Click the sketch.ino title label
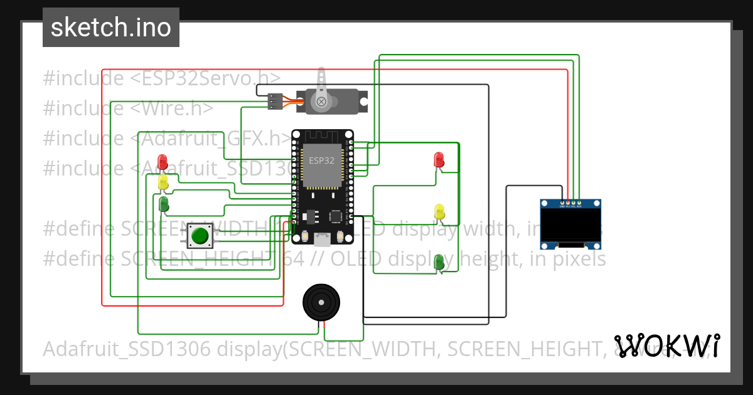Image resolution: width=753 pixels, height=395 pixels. tap(111, 28)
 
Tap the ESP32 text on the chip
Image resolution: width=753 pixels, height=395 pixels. tap(321, 161)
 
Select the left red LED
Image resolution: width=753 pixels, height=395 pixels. tap(163, 161)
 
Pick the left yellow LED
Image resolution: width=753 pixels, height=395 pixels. tap(163, 182)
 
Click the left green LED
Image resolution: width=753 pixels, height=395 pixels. tap(163, 204)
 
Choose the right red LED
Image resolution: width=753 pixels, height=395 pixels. tap(439, 159)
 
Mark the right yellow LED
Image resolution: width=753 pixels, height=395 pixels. tap(439, 212)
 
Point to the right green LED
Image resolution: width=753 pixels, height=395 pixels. tap(439, 262)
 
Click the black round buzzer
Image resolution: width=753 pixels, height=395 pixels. tap(323, 302)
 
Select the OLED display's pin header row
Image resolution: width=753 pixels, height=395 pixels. tap(571, 203)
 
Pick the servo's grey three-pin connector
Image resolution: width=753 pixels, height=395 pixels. tap(275, 101)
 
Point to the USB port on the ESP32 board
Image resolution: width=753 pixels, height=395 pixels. tap(322, 239)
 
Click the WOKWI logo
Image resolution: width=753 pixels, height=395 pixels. tap(667, 345)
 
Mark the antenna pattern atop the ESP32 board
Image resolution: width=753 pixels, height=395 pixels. tap(322, 136)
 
